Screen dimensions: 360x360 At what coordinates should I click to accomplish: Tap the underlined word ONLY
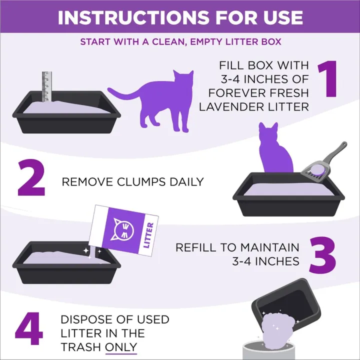120,347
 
